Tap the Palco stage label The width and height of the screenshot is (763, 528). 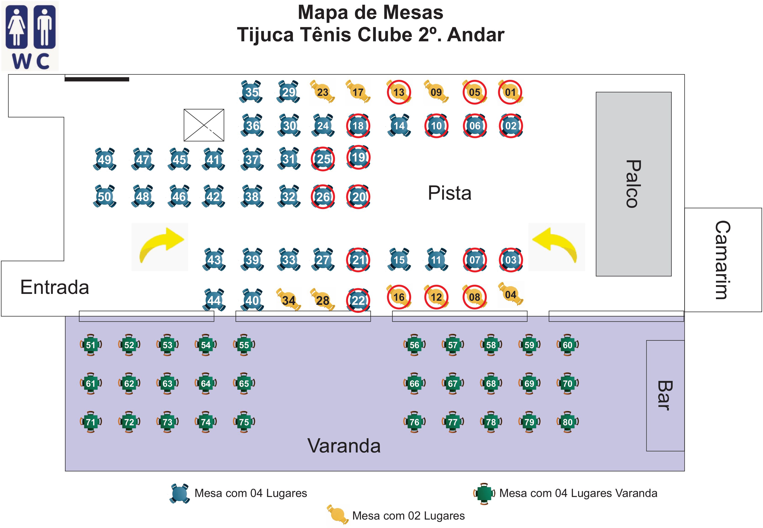coord(633,184)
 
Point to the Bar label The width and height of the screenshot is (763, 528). coord(665,396)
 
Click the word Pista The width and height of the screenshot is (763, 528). coord(449,193)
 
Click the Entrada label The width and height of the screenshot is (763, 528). coord(55,287)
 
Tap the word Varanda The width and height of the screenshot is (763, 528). coord(344,446)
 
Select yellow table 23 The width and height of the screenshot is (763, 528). coord(322,92)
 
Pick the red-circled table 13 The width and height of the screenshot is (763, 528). coord(399,92)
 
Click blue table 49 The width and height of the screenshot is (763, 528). coord(105,159)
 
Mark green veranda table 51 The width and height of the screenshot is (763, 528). coord(91,345)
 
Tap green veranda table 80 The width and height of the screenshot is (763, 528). coord(567,422)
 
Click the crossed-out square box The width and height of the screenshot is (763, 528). coord(204,125)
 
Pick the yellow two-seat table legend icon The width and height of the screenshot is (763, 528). coord(337,515)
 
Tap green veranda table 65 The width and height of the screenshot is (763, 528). coord(244,383)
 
